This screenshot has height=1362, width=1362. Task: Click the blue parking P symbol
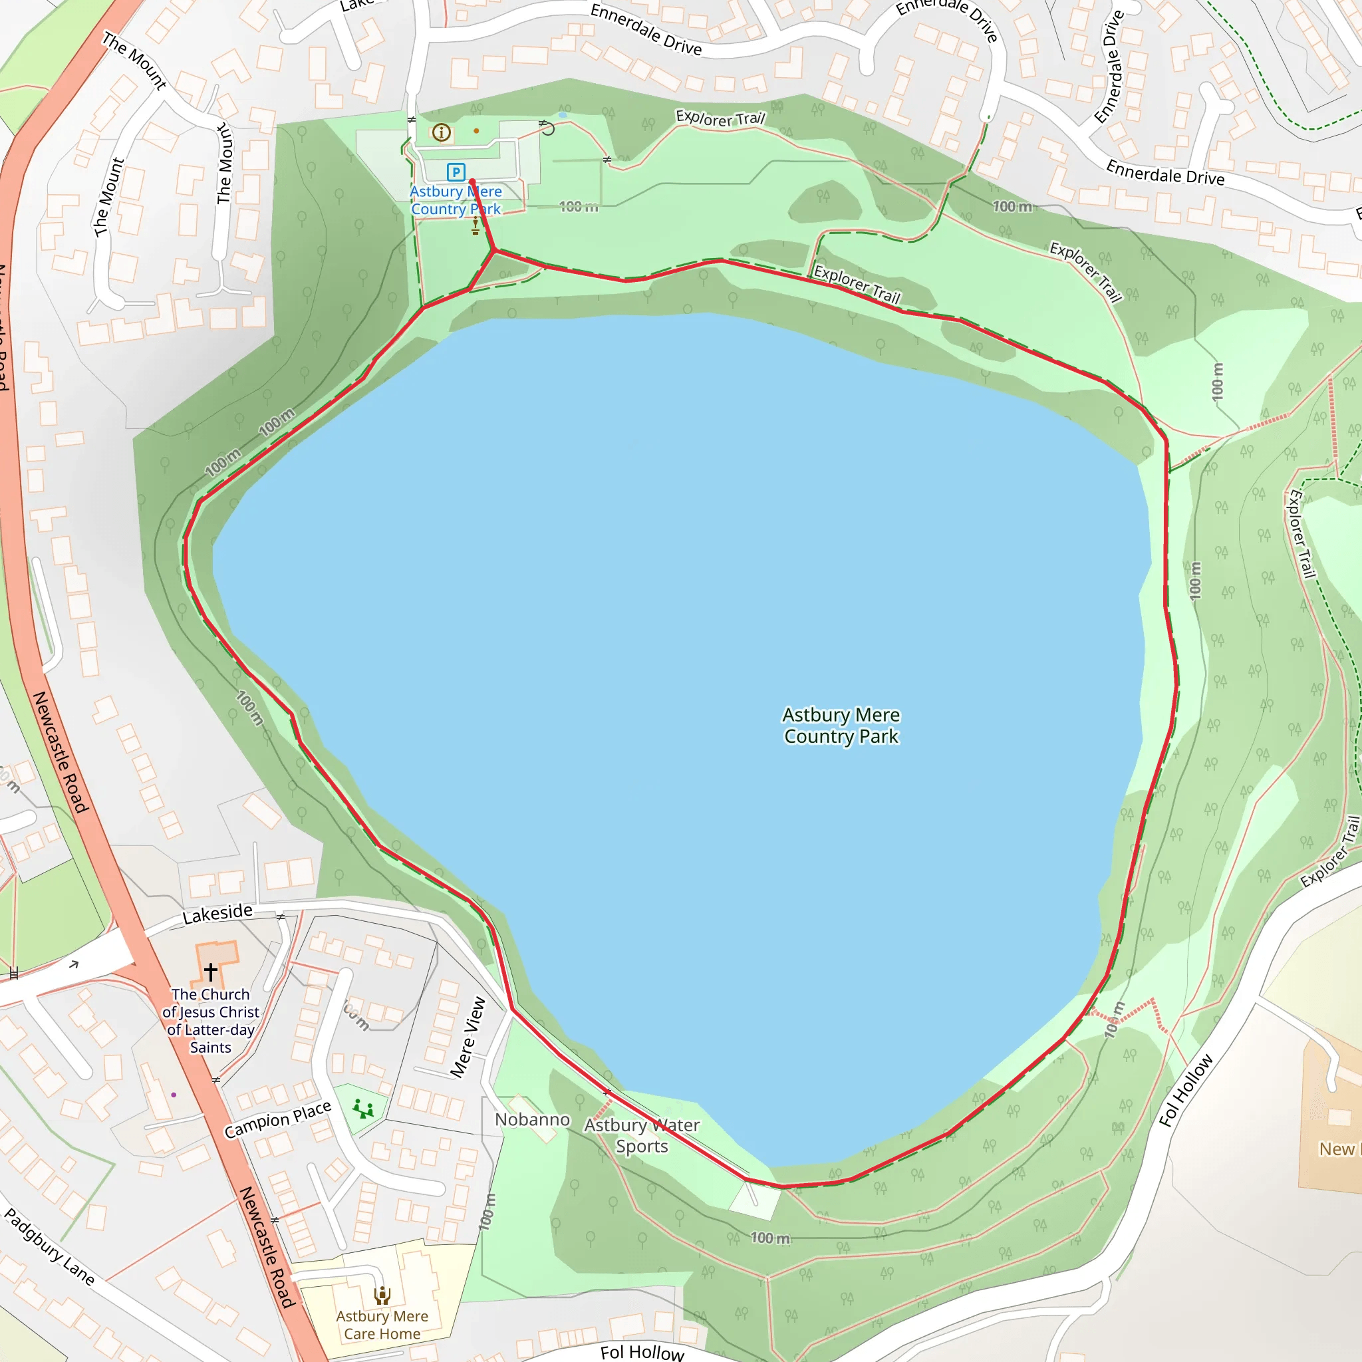[x=456, y=172]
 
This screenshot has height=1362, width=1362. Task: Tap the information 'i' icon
[x=442, y=132]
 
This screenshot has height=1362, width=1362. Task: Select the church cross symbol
[x=211, y=972]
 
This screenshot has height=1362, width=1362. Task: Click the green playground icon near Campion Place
[x=363, y=1109]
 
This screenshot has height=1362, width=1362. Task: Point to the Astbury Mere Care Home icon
[x=382, y=1295]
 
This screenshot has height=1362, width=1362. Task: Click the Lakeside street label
[x=217, y=913]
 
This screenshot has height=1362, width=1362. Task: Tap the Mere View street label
[x=469, y=1037]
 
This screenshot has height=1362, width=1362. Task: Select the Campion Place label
[x=278, y=1119]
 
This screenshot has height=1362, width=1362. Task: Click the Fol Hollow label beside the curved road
[x=1186, y=1090]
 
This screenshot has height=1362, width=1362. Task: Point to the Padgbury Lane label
[x=49, y=1246]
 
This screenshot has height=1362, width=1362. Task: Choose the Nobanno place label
[x=532, y=1119]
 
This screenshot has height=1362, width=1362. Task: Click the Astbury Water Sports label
[x=642, y=1135]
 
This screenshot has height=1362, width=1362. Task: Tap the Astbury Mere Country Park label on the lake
[x=841, y=726]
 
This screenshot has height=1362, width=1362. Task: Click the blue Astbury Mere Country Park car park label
[x=456, y=200]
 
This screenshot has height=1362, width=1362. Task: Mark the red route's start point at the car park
[x=472, y=182]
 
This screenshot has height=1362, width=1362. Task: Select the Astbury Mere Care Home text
[x=382, y=1325]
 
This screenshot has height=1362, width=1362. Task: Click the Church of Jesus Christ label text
[x=211, y=1020]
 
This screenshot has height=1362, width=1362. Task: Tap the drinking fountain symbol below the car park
[x=475, y=226]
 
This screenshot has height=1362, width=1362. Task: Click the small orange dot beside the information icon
[x=477, y=131]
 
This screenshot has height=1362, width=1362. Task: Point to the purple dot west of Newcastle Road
[x=174, y=1095]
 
